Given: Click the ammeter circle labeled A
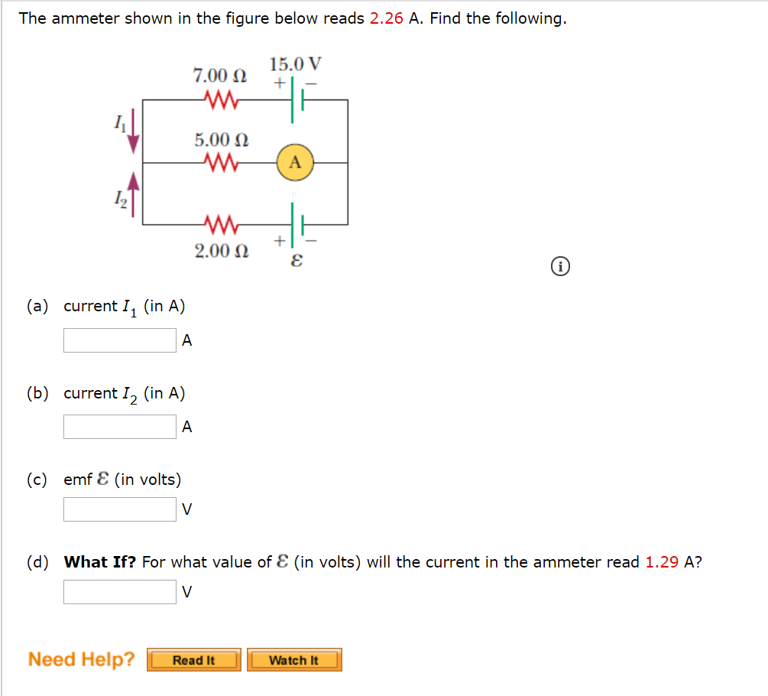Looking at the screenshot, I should pos(296,163).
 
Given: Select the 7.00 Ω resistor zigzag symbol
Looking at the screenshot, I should pos(221,100).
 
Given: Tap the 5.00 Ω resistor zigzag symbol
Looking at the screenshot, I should pos(221,163).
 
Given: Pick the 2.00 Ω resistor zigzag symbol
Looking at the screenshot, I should pos(221,225).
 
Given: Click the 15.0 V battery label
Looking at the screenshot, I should pos(296,63).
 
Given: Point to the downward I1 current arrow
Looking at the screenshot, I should pos(134,132).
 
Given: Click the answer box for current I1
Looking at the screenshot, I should pos(120,340).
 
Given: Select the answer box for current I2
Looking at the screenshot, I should pos(120,427).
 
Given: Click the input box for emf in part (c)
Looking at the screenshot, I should pos(120,509).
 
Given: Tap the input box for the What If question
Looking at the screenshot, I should pos(120,592).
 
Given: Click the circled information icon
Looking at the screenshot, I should pos(560,267).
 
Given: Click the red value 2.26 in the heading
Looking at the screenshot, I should pos(387,18).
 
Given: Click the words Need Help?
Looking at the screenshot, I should pos(82,659).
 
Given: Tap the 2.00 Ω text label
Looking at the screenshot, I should pos(221,251).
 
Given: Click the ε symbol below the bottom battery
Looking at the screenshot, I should pos(297,260).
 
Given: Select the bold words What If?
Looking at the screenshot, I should pos(100,562).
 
